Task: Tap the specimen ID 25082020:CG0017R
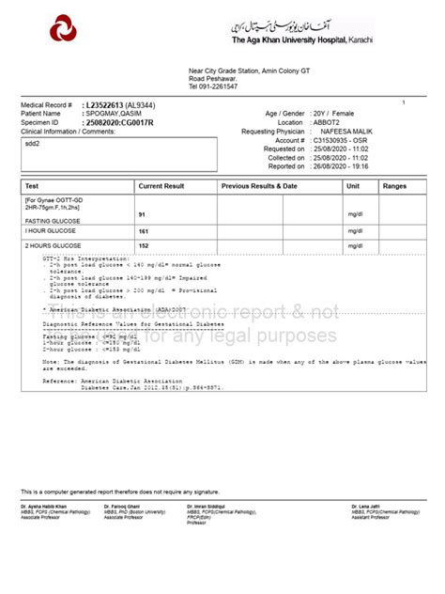pyautogui.click(x=119, y=121)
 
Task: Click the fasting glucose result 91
pyautogui.click(x=143, y=216)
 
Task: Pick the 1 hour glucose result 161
pyautogui.click(x=144, y=229)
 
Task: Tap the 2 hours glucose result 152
pyautogui.click(x=144, y=244)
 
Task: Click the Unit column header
pyautogui.click(x=353, y=187)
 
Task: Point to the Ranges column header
pyautogui.click(x=395, y=187)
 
